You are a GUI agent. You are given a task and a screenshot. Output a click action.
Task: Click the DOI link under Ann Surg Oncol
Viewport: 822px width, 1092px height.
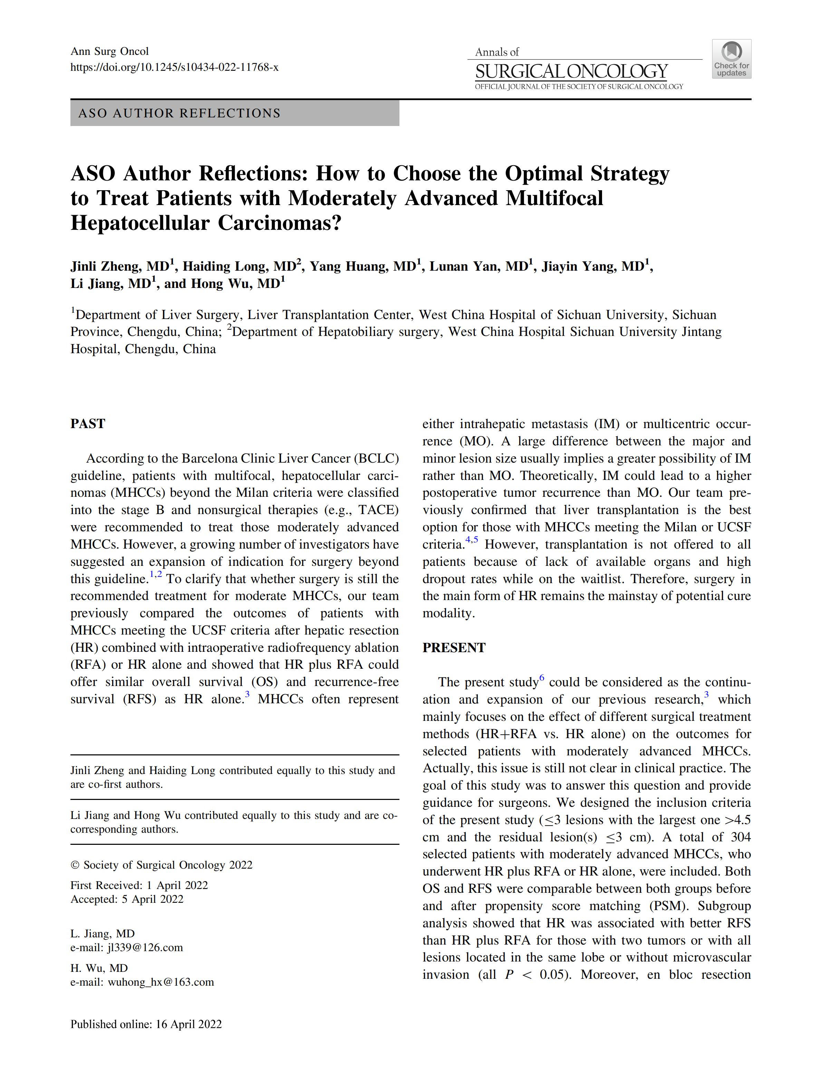click(x=174, y=67)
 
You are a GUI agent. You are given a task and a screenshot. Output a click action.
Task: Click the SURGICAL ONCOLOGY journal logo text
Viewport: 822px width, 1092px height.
click(x=571, y=72)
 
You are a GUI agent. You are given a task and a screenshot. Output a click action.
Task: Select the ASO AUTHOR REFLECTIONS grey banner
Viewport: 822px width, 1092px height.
click(x=234, y=113)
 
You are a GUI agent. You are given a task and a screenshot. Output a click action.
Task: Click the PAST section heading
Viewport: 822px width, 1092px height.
click(x=88, y=424)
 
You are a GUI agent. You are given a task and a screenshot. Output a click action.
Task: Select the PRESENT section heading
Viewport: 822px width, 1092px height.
click(x=454, y=648)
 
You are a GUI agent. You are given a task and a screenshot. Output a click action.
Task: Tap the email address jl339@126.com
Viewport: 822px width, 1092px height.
click(x=145, y=947)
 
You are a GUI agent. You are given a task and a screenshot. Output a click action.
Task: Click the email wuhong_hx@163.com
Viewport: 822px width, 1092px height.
click(x=161, y=982)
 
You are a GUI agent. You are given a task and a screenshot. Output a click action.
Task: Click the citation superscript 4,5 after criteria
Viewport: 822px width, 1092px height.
click(x=472, y=540)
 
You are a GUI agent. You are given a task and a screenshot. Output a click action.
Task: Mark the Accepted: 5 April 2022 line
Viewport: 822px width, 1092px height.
click(x=127, y=899)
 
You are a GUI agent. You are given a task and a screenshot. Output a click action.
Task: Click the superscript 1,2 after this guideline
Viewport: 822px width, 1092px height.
click(x=155, y=574)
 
